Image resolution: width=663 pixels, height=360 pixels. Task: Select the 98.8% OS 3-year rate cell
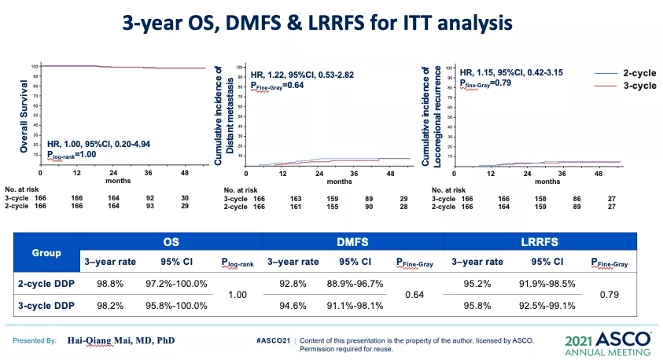click(109, 283)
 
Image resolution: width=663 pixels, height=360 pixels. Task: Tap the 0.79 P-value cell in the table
click(607, 294)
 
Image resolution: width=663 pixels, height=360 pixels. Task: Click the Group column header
click(46, 254)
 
